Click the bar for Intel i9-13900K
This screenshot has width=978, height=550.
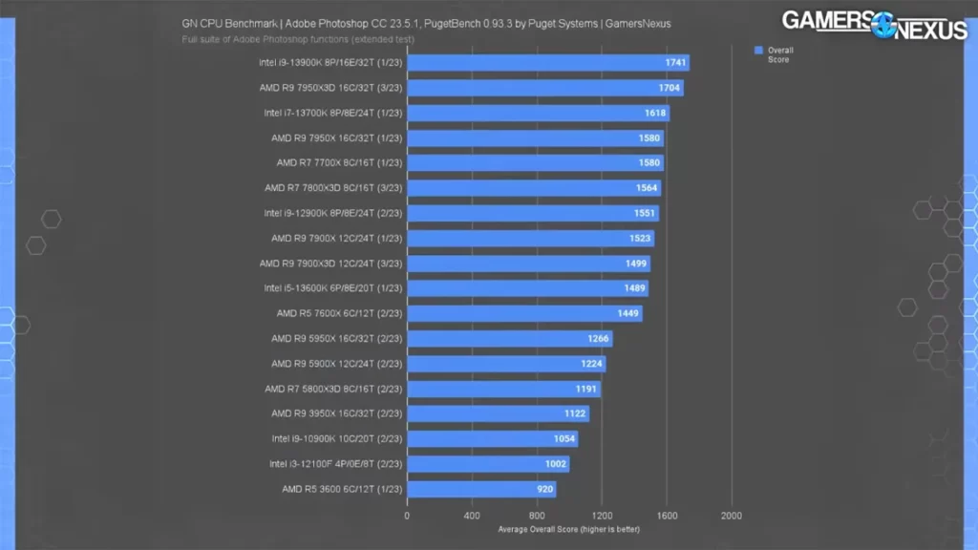(x=547, y=63)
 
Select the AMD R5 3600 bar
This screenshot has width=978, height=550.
(x=480, y=490)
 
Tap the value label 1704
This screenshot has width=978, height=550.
(x=669, y=88)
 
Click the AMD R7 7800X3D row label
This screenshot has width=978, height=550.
(x=333, y=188)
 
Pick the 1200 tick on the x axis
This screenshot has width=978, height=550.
(x=602, y=516)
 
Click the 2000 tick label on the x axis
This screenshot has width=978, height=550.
(x=732, y=516)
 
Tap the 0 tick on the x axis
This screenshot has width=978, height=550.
(x=407, y=516)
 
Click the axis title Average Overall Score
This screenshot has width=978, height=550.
(x=568, y=529)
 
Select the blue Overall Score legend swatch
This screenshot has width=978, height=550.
(x=758, y=50)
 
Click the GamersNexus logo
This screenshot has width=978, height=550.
(x=874, y=25)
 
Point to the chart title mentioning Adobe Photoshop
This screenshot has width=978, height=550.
(x=425, y=24)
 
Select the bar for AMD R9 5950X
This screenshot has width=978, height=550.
(x=509, y=339)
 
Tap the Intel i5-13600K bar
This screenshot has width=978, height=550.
(x=527, y=288)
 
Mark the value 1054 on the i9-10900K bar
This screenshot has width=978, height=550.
(x=564, y=439)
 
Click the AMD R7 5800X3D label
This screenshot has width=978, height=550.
(x=334, y=389)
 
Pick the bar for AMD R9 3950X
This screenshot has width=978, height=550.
(x=498, y=414)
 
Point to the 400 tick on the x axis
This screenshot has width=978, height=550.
(x=472, y=516)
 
